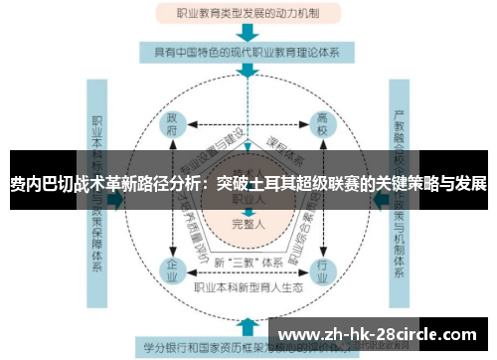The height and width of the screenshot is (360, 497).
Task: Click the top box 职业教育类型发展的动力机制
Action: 246,14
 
